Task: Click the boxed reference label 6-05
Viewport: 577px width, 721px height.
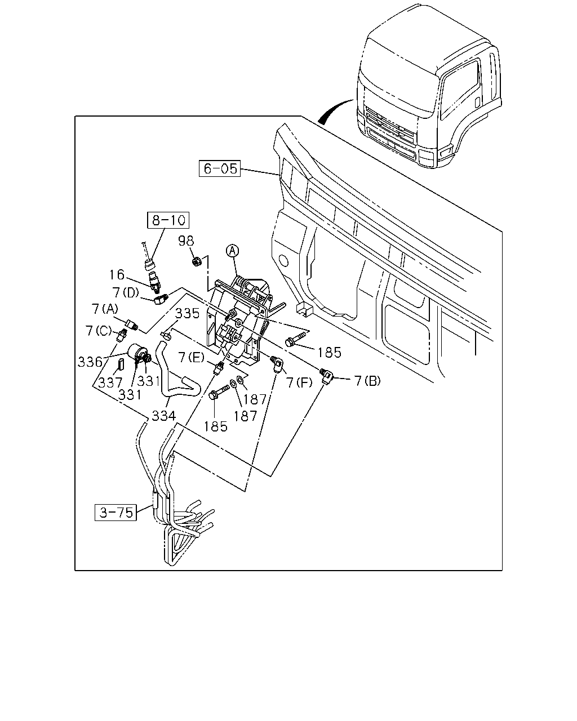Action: pos(220,168)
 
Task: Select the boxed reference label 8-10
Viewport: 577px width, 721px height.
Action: pos(168,220)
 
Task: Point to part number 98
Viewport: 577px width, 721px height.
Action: pos(186,241)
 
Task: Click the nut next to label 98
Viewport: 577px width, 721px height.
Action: pos(197,261)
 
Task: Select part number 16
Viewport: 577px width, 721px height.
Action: pos(117,275)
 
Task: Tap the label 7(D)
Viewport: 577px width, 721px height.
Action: pos(126,292)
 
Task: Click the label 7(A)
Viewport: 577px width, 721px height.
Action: pos(105,309)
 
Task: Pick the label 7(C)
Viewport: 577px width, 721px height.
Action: pos(99,331)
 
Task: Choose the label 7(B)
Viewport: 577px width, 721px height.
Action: pos(367,381)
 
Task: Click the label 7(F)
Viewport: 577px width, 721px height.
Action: pos(299,382)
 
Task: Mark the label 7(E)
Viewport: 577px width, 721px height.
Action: pos(192,358)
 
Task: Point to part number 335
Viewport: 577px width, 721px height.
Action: pos(188,313)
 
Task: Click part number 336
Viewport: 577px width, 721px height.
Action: pos(90,362)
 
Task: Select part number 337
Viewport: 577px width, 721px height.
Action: pos(110,382)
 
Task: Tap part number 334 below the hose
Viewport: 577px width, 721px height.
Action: pos(163,416)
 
